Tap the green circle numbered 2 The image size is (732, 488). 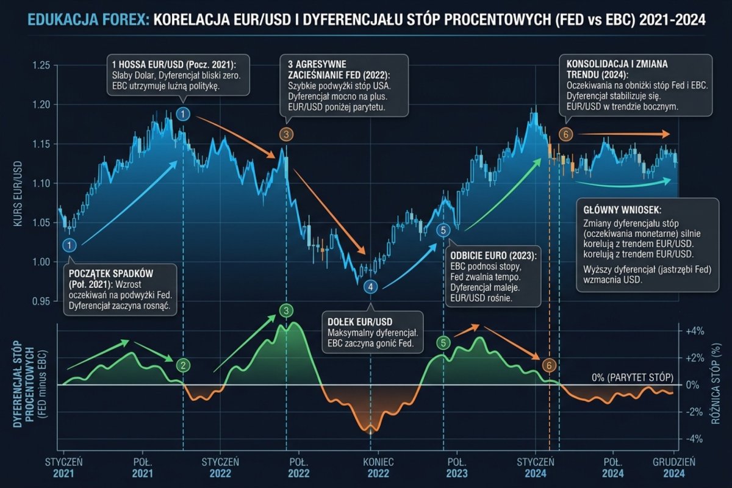coord(182,365)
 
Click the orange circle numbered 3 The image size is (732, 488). coord(286,134)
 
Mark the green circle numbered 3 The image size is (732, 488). coord(287,311)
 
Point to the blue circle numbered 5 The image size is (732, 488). coord(443,230)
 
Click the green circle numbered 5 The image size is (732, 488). coord(443,342)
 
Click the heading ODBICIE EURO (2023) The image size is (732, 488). coord(492,256)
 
